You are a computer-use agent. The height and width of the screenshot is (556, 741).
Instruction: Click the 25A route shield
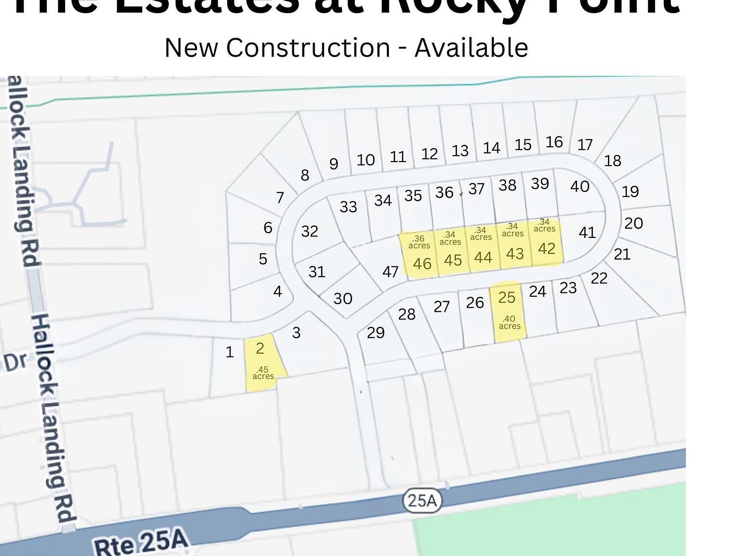click(422, 500)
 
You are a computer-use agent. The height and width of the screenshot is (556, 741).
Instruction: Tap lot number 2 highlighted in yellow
click(260, 348)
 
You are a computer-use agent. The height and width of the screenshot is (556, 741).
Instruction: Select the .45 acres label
click(263, 373)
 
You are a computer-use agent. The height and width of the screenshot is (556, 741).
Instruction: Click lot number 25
click(507, 297)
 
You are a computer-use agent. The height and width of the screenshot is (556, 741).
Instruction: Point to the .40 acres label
click(509, 322)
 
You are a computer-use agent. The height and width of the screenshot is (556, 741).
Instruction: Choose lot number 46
click(422, 264)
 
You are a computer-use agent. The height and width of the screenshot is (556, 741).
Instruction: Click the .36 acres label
click(419, 242)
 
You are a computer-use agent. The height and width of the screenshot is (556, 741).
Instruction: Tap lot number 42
click(547, 249)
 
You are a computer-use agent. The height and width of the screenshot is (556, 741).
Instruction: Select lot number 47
click(390, 272)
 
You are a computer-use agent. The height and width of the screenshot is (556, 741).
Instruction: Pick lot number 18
click(613, 161)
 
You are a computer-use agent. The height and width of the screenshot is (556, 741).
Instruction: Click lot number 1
click(230, 352)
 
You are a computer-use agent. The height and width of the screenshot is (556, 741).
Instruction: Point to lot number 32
click(310, 231)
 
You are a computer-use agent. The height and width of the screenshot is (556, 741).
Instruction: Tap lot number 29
click(376, 333)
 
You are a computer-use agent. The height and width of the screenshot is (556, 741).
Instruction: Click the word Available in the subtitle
click(471, 48)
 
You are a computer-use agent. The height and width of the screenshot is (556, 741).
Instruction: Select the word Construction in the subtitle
click(308, 48)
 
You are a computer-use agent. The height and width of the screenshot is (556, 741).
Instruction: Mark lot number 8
click(305, 175)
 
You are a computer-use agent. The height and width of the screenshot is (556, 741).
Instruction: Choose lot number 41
click(587, 233)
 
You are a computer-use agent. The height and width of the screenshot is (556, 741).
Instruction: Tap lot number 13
click(460, 151)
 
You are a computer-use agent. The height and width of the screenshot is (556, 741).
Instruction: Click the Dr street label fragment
click(16, 362)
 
